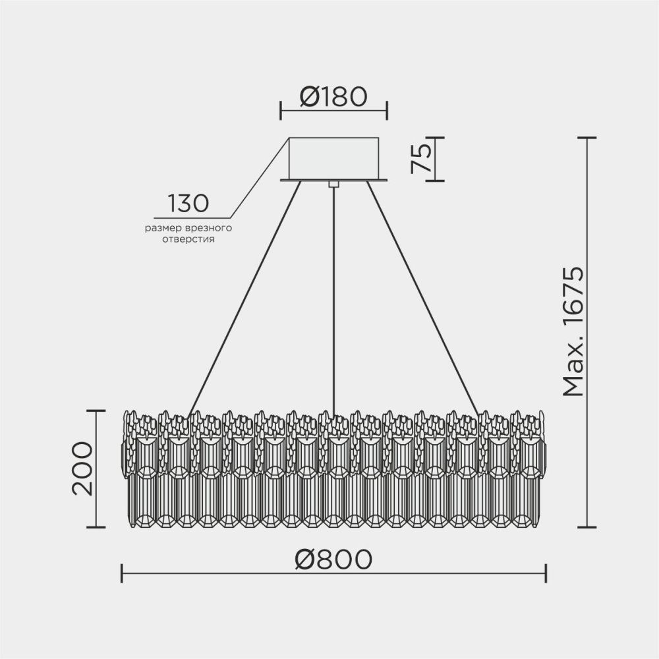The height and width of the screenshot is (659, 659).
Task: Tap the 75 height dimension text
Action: coord(421,158)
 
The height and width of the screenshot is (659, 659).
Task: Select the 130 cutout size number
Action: coord(188,204)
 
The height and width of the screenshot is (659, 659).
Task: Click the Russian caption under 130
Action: coord(190,234)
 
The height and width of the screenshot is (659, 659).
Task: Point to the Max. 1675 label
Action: coord(574,331)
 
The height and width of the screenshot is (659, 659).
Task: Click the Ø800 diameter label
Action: coord(333,559)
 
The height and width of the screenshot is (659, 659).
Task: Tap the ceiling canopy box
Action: coord(333,158)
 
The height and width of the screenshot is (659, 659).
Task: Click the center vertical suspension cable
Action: coord(334,297)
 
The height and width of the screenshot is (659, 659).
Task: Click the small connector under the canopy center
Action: coord(333,184)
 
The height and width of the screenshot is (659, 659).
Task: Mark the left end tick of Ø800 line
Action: coord(122,573)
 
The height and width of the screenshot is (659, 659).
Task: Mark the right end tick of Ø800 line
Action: coord(546,573)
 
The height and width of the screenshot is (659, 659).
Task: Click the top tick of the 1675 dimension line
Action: coord(587,138)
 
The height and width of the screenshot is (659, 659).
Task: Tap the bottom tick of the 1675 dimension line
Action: coord(587,527)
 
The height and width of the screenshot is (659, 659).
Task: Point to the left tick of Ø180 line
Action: coord(281,111)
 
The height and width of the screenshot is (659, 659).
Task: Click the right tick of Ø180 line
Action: coord(387,111)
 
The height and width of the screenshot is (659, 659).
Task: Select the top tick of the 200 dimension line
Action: coord(96,411)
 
